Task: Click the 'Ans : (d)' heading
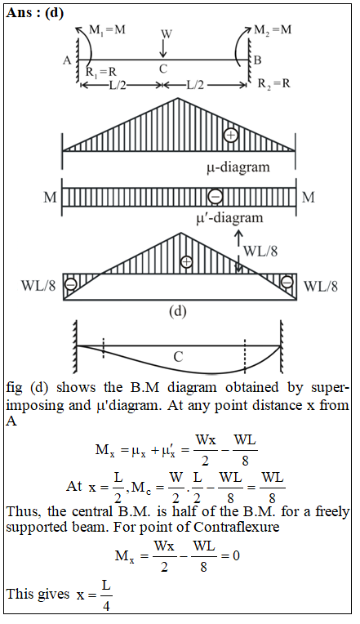[35, 13]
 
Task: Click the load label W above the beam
[167, 33]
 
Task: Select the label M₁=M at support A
[107, 30]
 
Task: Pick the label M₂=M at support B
[273, 30]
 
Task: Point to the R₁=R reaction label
[101, 72]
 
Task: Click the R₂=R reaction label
[274, 83]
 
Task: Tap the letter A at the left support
[67, 60]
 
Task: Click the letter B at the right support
[257, 60]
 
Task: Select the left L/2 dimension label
[118, 85]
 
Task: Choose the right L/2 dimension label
[195, 85]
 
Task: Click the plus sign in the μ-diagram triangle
[231, 136]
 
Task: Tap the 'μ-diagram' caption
[238, 167]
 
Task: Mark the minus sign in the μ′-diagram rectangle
[216, 196]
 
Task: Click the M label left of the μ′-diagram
[50, 197]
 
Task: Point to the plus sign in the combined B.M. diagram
[186, 262]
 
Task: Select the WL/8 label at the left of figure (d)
[38, 285]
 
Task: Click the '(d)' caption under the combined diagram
[178, 311]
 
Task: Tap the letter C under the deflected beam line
[178, 357]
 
